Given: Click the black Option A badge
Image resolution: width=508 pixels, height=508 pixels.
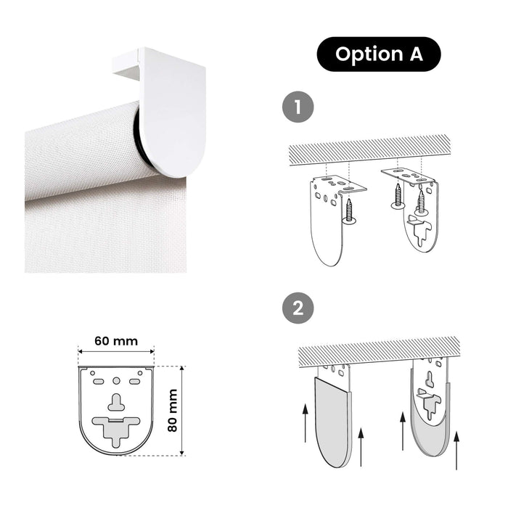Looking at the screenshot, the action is [x=378, y=54].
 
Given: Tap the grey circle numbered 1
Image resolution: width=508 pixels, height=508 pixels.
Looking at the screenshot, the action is [x=298, y=107].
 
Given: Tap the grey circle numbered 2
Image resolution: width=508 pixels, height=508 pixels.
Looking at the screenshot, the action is [x=298, y=308].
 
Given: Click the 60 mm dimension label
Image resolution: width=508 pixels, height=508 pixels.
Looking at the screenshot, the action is [x=116, y=341].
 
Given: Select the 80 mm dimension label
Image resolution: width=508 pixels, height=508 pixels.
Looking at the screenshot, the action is [x=173, y=411].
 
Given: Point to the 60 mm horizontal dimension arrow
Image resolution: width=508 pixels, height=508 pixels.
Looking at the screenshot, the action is [x=116, y=351].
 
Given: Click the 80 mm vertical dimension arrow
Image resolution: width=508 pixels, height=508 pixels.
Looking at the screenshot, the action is [x=181, y=411].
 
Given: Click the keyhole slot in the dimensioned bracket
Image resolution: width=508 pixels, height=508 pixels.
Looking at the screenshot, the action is [x=116, y=402].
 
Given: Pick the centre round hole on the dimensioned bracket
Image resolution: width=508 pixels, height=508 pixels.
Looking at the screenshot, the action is [x=116, y=381].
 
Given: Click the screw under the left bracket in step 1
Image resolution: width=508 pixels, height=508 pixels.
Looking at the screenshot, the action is [x=349, y=212].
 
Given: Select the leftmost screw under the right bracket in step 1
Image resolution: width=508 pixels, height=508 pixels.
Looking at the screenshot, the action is [x=398, y=195].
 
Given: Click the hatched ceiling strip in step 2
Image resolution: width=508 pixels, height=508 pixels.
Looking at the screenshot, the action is [x=379, y=352].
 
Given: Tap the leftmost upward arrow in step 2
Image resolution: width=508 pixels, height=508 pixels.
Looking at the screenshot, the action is [x=305, y=422].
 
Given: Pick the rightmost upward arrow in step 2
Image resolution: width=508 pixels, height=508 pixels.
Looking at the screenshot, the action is [x=456, y=451].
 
